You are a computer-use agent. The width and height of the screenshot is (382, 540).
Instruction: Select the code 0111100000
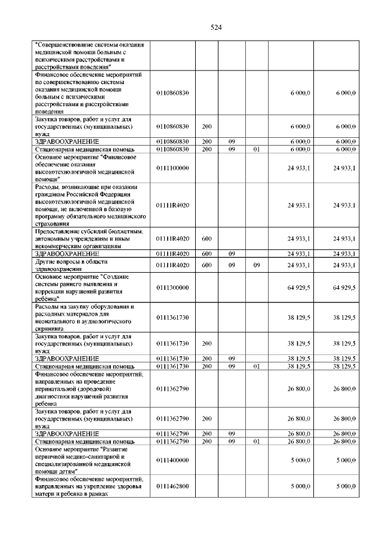click(172, 168)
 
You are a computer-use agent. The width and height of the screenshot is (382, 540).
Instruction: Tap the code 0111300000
click(172, 288)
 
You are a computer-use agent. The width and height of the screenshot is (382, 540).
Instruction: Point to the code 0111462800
click(172, 486)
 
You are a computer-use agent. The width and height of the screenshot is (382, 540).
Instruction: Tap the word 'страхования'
click(54, 224)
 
